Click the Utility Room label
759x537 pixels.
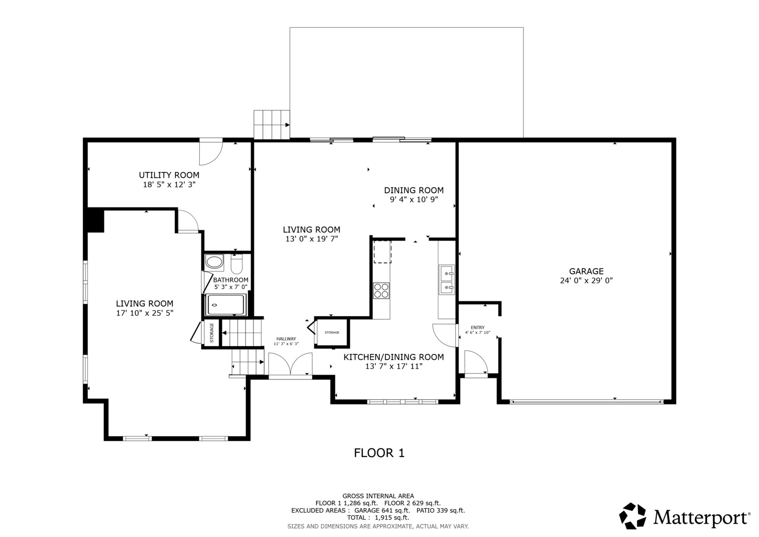(169, 175)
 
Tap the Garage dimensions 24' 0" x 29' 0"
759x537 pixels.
(586, 281)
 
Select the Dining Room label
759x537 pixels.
(414, 190)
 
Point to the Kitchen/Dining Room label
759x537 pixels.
(394, 357)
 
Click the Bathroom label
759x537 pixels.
(231, 280)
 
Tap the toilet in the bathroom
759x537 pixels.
(237, 265)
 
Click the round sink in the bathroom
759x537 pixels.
(215, 263)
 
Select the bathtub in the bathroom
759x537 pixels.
(226, 305)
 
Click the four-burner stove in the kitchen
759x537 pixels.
(381, 290)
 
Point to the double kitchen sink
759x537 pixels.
(446, 279)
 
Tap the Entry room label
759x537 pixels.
(478, 328)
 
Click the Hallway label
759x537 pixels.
(286, 339)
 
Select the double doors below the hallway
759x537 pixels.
(290, 364)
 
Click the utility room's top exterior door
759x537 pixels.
(211, 152)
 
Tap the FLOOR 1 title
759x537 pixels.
(379, 453)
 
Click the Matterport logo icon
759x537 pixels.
(633, 516)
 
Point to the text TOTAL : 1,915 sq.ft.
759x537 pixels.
(378, 518)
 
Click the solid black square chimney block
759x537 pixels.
(95, 220)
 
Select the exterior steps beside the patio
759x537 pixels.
(272, 124)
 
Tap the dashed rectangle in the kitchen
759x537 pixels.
(383, 252)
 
